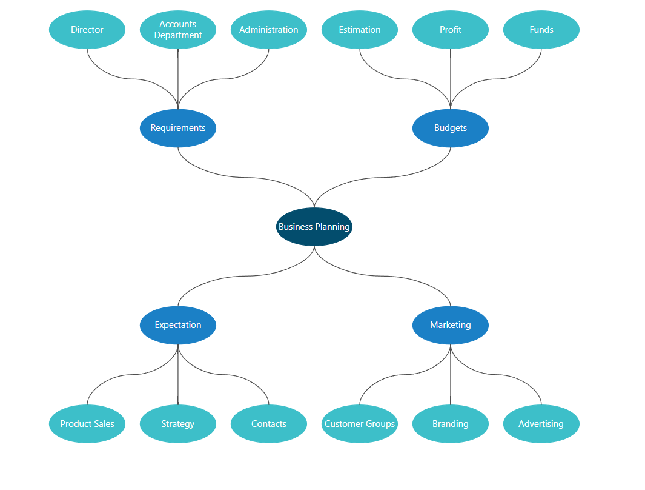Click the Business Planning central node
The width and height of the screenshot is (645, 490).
coord(314,227)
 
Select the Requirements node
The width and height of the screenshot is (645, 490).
coord(178,128)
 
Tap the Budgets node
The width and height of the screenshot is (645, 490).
coord(451,128)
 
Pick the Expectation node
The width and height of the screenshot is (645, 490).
coord(178,325)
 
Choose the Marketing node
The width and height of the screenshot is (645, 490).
coord(451,325)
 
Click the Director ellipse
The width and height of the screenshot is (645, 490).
coord(87,30)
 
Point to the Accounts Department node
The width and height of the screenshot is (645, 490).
coord(178,30)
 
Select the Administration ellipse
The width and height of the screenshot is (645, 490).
coord(269,30)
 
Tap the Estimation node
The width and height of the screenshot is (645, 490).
coord(360,30)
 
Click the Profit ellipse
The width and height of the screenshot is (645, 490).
coord(451,30)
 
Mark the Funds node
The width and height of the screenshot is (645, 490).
coord(541,30)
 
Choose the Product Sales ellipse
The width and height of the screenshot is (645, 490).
coord(87,424)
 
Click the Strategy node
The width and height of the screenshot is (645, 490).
coord(178,424)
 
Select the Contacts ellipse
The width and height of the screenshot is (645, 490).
coord(269,424)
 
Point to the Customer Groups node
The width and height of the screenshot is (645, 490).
coord(360,424)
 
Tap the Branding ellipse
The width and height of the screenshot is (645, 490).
coord(451,424)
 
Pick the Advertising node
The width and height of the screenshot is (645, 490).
coord(541,424)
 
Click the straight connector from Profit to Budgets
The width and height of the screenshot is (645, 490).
coord(451,79)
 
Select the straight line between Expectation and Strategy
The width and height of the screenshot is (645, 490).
coord(178,375)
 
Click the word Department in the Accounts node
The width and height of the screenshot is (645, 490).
coord(178,35)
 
